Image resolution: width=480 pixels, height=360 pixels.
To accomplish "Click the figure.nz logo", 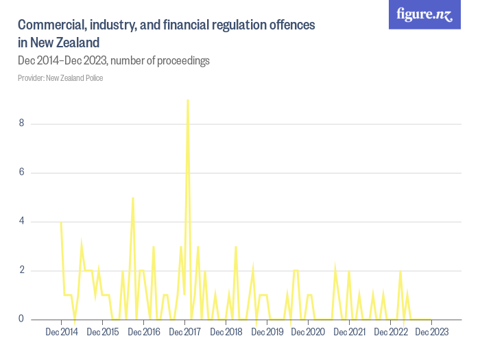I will [424, 14].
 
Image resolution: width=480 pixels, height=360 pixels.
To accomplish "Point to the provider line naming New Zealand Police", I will [60, 77].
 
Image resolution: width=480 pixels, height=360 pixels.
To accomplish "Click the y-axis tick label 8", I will [22, 123].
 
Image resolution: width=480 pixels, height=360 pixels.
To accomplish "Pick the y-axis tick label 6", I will [22, 172].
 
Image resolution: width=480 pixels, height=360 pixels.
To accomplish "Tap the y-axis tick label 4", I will [22, 221].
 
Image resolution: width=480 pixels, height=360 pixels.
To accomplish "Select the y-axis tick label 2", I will [22, 270].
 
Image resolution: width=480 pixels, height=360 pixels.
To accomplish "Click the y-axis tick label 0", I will [22, 319].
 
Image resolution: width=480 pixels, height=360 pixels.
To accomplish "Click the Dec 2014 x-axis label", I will [62, 332].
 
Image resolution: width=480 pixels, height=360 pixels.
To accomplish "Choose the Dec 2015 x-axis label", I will [103, 332].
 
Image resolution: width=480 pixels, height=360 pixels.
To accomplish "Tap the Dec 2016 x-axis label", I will [144, 332].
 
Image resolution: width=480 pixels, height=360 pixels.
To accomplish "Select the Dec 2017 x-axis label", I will [185, 332].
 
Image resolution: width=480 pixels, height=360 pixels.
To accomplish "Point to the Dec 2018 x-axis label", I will [226, 332].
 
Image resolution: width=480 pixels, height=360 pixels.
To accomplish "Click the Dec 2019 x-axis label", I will [267, 332].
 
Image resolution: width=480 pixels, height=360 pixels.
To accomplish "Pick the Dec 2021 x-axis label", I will [350, 332].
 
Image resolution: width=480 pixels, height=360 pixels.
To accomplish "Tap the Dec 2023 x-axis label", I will [432, 332].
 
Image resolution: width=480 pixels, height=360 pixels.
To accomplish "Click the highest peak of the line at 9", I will [188, 100].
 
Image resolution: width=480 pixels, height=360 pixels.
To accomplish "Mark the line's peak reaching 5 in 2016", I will [133, 197].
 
